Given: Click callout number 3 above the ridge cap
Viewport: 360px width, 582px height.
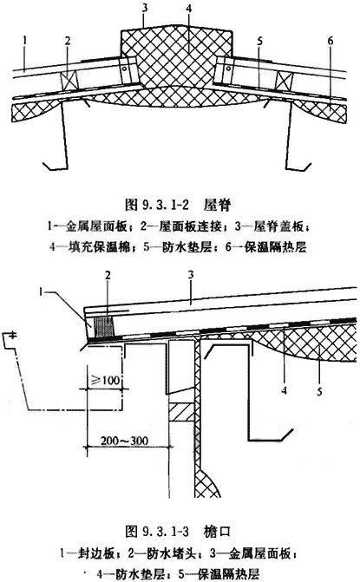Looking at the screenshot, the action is click(x=145, y=8).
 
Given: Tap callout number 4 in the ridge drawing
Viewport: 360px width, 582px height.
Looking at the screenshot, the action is click(x=189, y=9).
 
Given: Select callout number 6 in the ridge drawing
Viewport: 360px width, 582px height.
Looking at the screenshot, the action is click(x=331, y=41).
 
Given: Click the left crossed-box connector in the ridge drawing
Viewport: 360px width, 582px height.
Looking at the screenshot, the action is click(x=69, y=80).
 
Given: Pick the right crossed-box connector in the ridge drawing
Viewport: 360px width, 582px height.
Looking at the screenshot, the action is click(x=285, y=81).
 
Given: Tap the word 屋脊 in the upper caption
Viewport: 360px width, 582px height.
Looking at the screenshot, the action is click(x=217, y=205).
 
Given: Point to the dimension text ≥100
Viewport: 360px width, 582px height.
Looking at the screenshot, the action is click(x=106, y=380).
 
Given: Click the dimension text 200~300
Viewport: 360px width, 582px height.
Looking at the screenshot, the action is click(x=124, y=441).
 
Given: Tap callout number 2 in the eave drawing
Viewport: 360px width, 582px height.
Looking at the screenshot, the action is click(x=108, y=276).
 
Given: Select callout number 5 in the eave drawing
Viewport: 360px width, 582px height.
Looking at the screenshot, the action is click(x=319, y=391).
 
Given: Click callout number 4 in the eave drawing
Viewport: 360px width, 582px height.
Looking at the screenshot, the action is click(x=285, y=390).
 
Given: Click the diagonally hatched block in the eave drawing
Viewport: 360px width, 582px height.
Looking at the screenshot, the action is click(x=182, y=412).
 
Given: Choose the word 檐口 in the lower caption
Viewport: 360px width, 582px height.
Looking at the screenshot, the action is click(x=217, y=532).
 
